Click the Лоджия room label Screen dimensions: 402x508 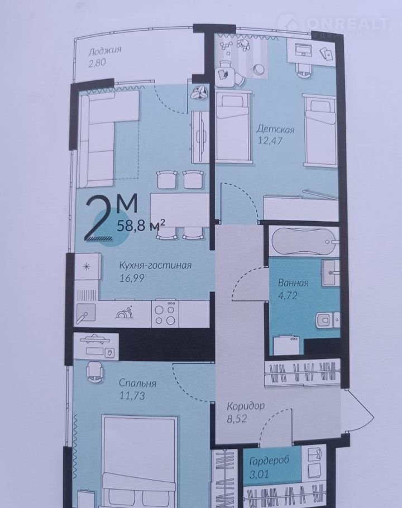(x=105, y=51)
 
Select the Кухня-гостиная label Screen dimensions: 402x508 (x=155, y=266)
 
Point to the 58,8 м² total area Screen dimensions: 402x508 (x=141, y=225)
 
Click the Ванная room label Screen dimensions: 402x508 (x=293, y=283)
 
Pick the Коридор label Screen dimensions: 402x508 (x=246, y=406)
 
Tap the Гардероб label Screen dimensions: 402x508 (x=269, y=461)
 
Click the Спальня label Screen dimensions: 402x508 (x=137, y=384)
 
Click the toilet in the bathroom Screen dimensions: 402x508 (x=327, y=320)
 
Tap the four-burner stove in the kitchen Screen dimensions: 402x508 (x=165, y=313)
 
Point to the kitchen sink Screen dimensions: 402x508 (x=86, y=313)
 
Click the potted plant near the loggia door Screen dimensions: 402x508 (x=199, y=93)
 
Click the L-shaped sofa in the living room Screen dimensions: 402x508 (x=104, y=138)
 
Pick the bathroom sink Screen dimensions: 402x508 (x=331, y=272)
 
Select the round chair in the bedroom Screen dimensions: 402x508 (x=95, y=370)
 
